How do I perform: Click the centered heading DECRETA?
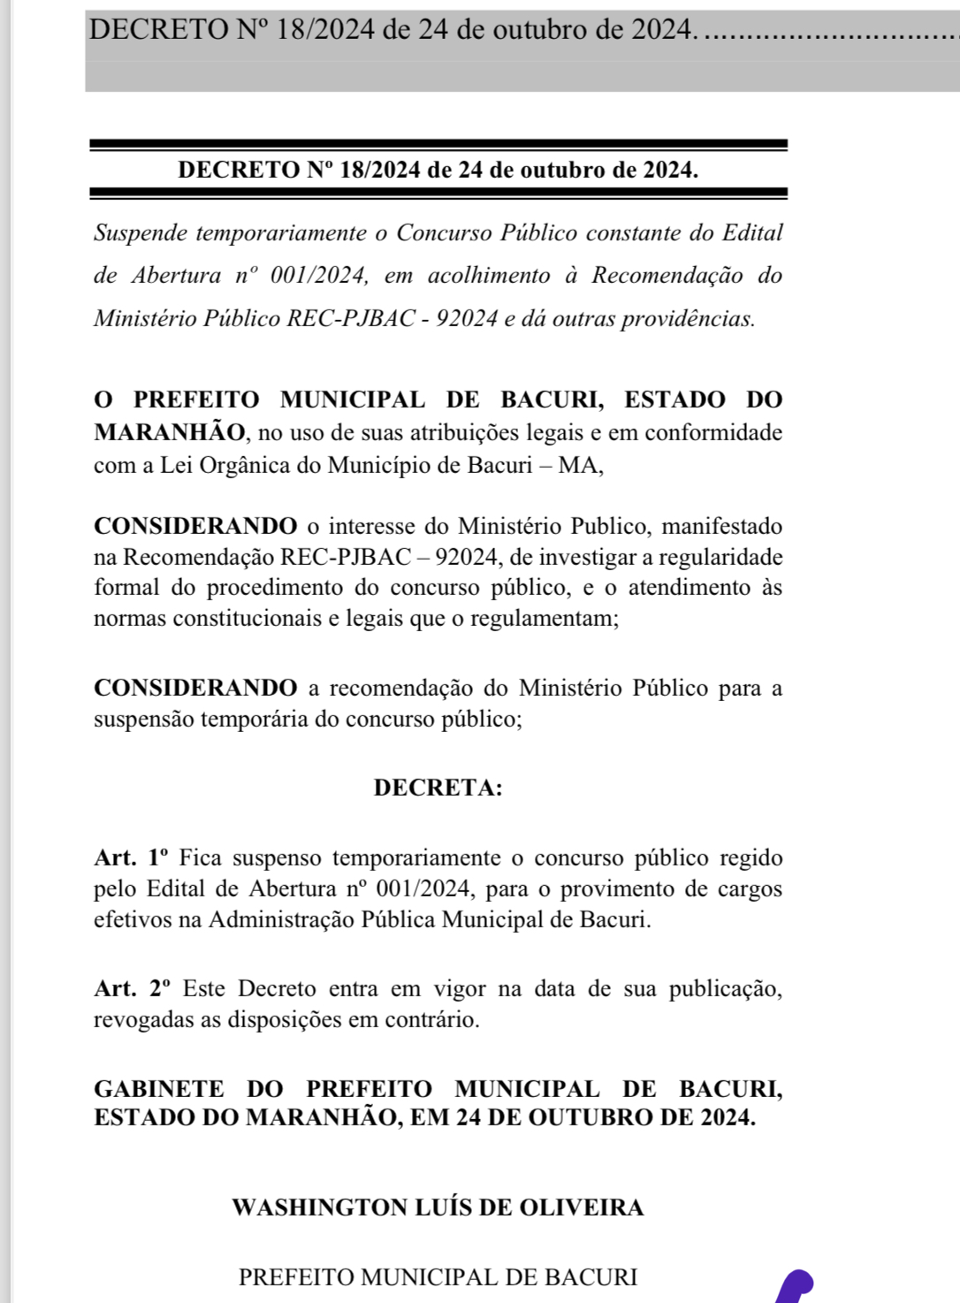(x=438, y=788)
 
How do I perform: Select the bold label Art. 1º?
(x=131, y=857)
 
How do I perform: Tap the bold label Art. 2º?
(x=132, y=988)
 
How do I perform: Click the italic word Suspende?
(x=141, y=233)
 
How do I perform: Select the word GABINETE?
(x=159, y=1089)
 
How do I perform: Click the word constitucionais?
(x=247, y=618)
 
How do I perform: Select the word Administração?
(x=280, y=919)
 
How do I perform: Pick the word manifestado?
(x=722, y=526)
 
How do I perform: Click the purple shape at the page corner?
(x=795, y=1285)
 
